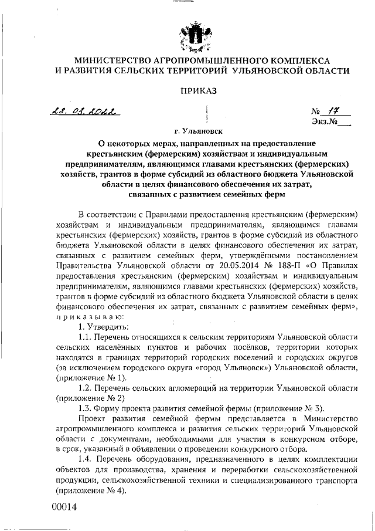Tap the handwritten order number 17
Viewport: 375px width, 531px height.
tap(334, 110)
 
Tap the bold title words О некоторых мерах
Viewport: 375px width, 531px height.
tap(137, 143)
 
